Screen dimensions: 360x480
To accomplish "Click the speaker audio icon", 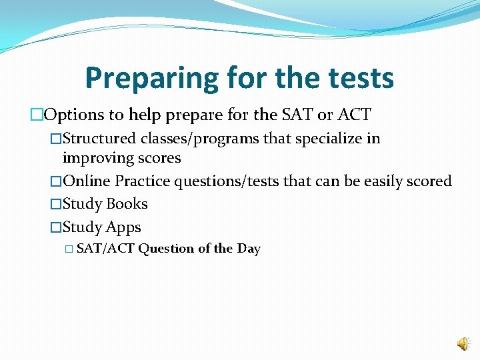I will click(462, 343).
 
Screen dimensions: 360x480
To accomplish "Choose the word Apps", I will click(123, 227).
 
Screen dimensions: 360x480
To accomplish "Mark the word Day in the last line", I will click(249, 249).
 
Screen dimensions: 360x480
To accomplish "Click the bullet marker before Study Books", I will click(56, 204).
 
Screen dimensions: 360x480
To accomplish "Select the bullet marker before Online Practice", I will click(56, 181).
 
